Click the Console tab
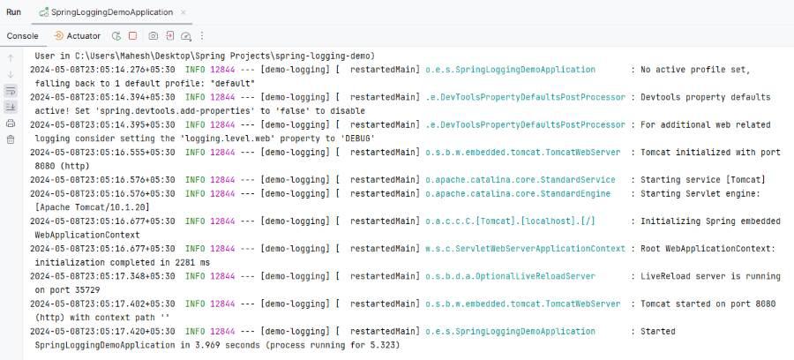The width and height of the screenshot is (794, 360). [x=22, y=36]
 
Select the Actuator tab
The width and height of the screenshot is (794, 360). [x=77, y=36]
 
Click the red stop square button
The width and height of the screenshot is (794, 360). [x=132, y=36]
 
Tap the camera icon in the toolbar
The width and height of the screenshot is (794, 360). [x=153, y=36]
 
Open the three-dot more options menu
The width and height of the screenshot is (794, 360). [x=202, y=36]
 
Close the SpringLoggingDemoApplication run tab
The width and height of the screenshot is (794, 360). [x=184, y=12]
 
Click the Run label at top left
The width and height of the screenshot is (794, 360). [x=13, y=12]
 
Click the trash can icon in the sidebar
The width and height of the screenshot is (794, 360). [x=11, y=139]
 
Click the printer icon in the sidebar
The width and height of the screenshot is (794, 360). [x=11, y=124]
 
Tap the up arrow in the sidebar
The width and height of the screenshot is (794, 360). [x=11, y=58]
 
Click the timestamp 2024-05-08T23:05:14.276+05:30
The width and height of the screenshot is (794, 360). [x=103, y=70]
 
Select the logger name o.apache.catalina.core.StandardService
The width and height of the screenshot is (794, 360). [x=520, y=180]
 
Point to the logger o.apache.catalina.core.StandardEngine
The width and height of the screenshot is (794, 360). [x=518, y=193]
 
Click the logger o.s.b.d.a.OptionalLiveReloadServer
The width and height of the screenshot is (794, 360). [x=510, y=276]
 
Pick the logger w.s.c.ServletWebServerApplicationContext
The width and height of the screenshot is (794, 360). [x=525, y=249]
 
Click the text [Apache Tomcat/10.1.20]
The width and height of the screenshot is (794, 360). [x=92, y=207]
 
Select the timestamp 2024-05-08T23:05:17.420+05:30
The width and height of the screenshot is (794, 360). [x=103, y=332]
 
